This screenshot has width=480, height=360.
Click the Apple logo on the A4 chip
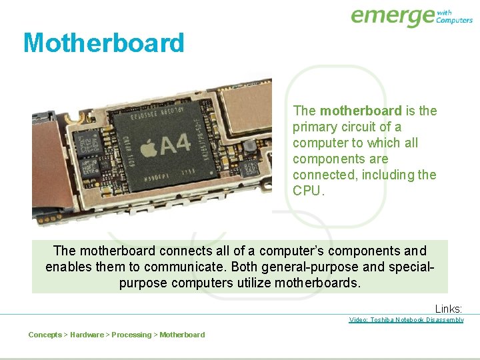149,145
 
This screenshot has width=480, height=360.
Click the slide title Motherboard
103,43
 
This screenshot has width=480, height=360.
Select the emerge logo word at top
392,16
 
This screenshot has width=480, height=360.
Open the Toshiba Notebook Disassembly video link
406,320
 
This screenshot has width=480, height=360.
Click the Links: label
448,309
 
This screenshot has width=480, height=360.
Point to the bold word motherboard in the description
361,111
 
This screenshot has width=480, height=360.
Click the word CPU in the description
306,191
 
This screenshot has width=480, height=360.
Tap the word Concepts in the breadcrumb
45,335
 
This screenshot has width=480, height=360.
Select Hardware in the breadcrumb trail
87,335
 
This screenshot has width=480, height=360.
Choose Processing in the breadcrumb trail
131,335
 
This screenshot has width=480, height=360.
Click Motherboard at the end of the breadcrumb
182,335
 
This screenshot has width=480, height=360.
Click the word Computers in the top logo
454,21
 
